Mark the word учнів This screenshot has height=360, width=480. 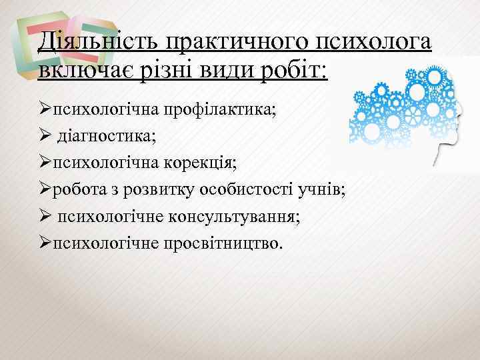pos(319,189)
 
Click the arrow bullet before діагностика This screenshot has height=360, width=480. pos(45,136)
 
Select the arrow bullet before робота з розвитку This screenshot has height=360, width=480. pos(45,189)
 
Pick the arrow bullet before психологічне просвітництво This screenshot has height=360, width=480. pos(45,243)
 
